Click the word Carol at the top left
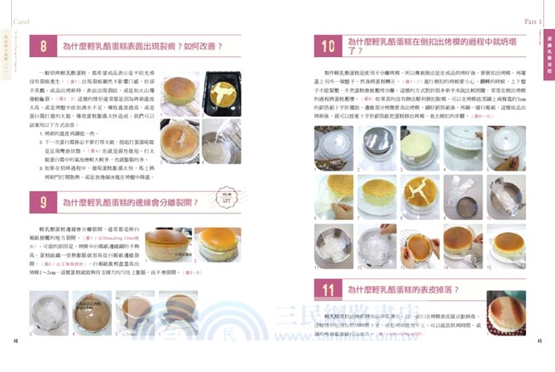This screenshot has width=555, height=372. click(x=16, y=11)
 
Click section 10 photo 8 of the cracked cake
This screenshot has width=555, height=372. click(x=419, y=192)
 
